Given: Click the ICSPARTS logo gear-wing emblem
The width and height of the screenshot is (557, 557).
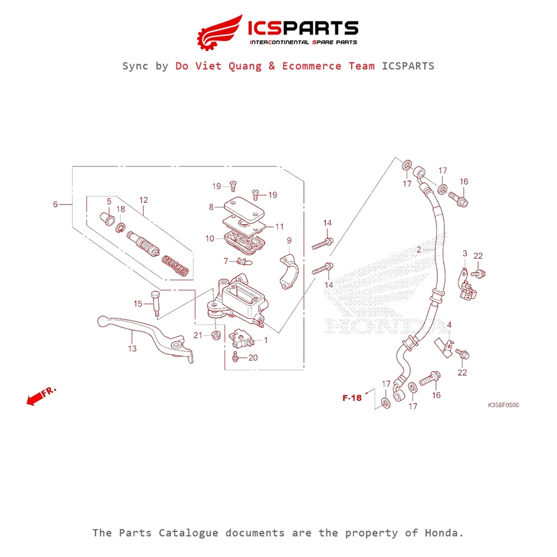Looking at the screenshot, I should point(219,32).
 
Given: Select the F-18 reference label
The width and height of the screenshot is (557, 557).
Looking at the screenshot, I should point(352,398).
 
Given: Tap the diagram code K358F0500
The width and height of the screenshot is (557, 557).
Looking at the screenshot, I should point(503,405).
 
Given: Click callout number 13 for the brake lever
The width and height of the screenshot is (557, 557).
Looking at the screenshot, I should point(132,349).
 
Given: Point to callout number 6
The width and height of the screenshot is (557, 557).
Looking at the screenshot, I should point(55,205).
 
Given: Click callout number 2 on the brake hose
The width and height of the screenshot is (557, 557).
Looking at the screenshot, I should point(419,250).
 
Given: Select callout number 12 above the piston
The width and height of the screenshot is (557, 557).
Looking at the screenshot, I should point(143,200).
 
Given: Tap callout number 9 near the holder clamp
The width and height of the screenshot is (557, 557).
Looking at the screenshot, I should point(289,240).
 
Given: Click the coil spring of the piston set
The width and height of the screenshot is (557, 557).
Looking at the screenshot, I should point(176,266).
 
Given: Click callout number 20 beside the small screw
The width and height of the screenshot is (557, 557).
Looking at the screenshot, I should point(253,357).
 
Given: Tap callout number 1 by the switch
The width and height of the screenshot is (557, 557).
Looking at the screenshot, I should point(266,340).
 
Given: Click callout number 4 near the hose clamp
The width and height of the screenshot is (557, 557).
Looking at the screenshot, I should point(449,325).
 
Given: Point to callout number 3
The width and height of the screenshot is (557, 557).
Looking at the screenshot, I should point(465,253).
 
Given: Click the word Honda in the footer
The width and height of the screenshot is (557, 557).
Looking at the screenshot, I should point(444,533).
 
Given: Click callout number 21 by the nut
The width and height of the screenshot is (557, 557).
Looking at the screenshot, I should point(197,335).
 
